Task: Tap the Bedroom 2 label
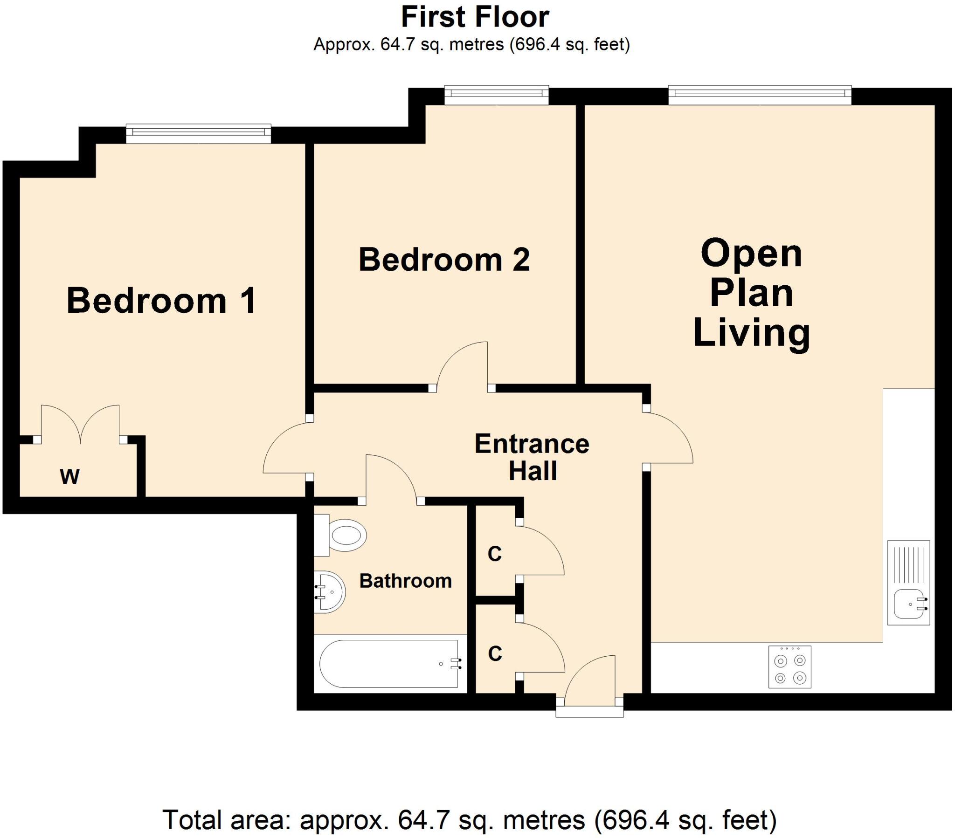click(x=444, y=260)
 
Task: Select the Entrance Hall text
click(x=532, y=457)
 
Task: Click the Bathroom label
click(x=405, y=581)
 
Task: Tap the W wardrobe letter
click(x=69, y=476)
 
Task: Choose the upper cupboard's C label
click(x=494, y=554)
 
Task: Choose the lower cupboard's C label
click(x=495, y=654)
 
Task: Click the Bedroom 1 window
click(x=198, y=134)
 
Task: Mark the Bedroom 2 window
click(x=496, y=95)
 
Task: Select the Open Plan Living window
click(x=760, y=95)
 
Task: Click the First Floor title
click(x=475, y=18)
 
